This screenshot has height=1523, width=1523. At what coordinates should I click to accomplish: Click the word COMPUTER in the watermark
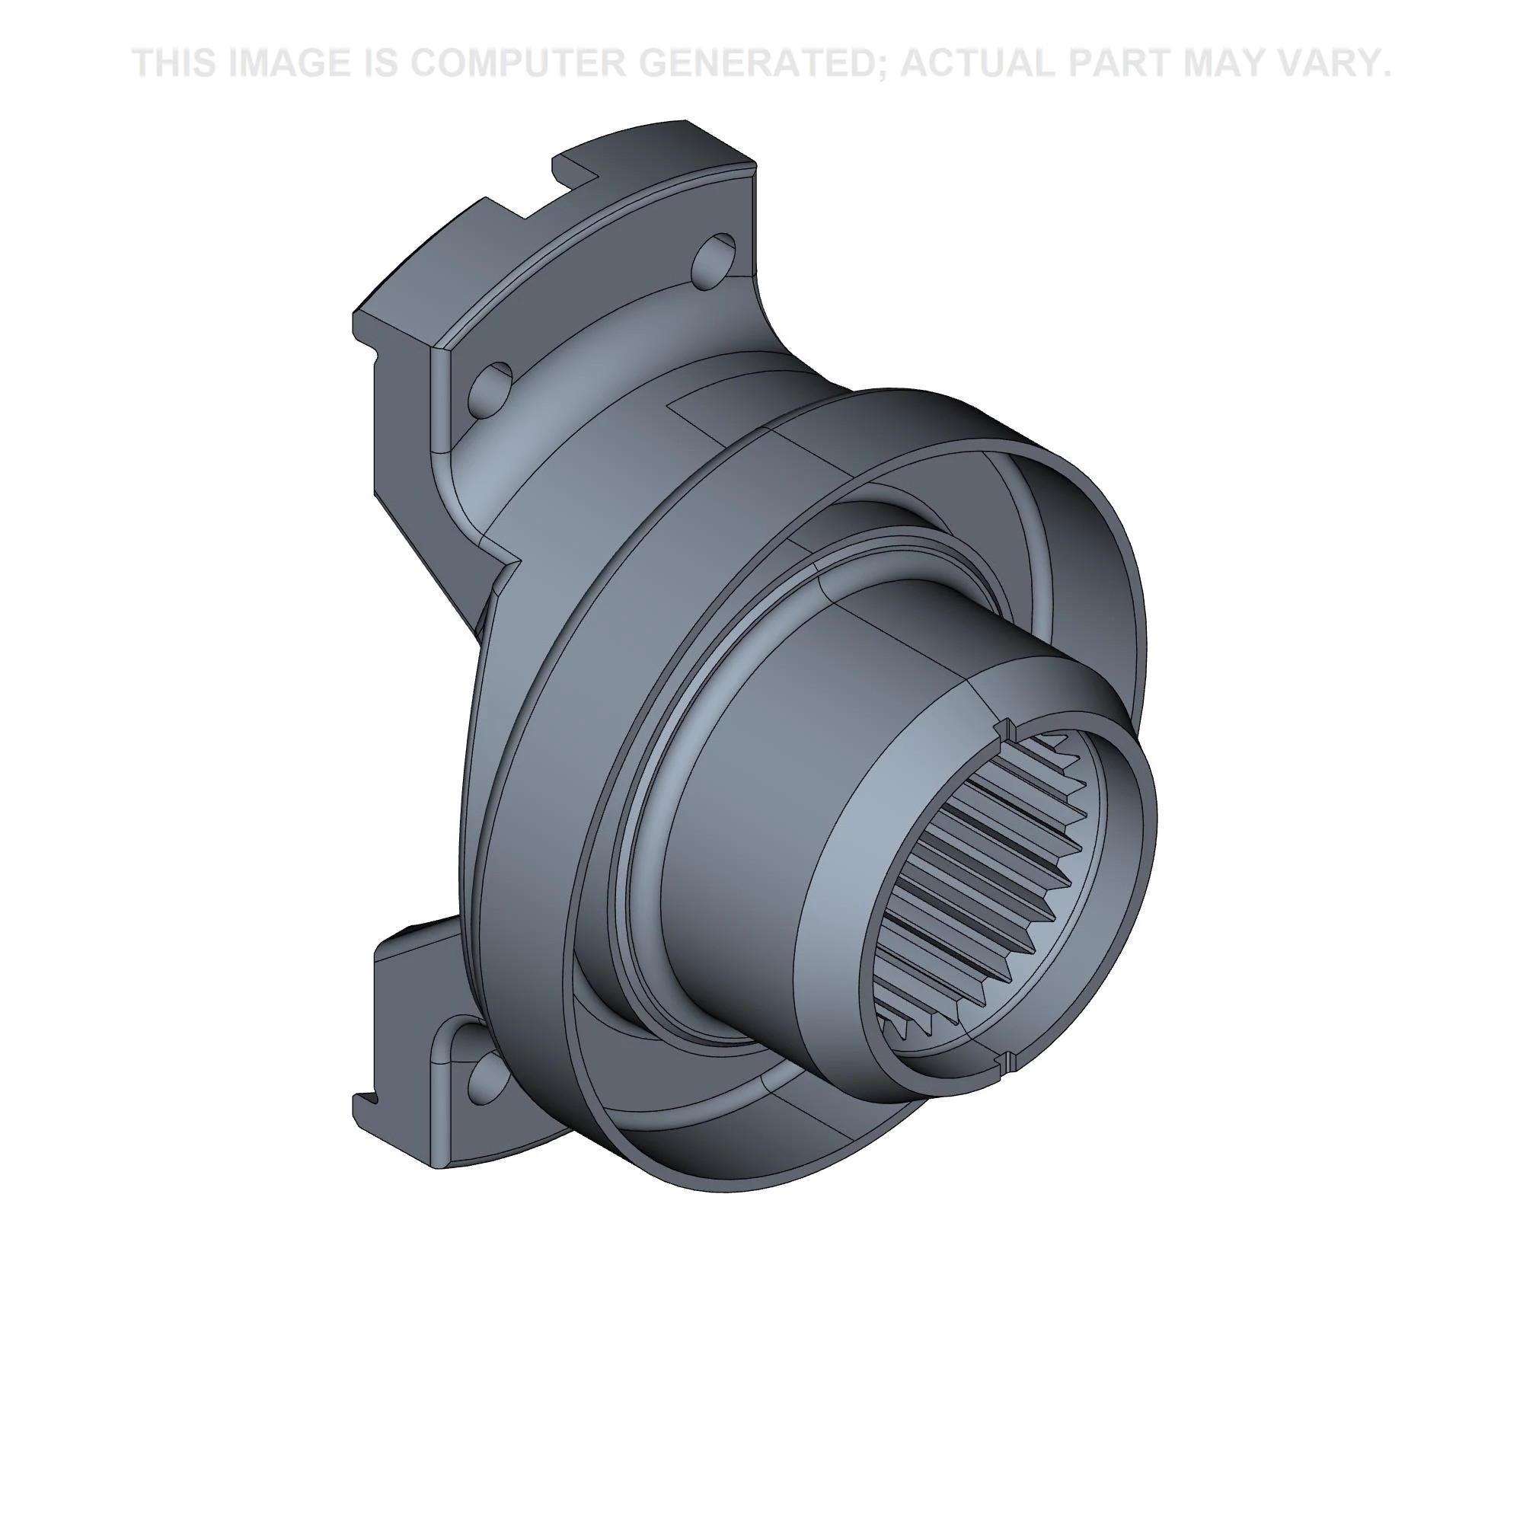(x=516, y=63)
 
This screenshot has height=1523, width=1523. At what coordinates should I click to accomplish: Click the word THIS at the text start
(x=174, y=63)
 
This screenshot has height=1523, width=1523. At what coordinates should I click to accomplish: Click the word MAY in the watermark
(x=1231, y=63)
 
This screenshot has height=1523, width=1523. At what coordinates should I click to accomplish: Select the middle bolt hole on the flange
(x=491, y=388)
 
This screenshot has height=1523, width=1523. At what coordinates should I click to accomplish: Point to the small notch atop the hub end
(x=1006, y=726)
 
